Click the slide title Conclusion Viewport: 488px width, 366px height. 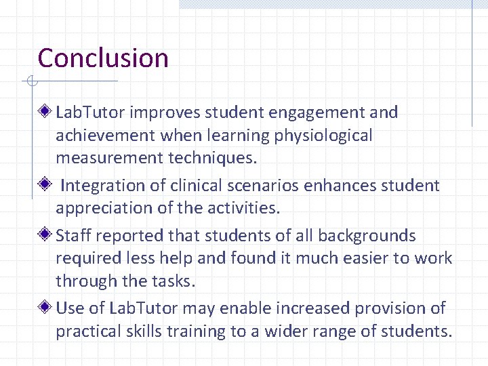103,58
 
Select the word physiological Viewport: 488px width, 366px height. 323,136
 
